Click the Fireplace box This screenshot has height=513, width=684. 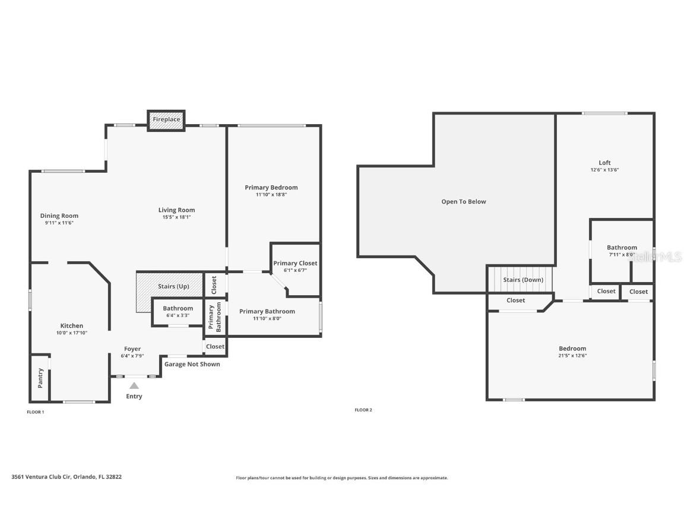pyautogui.click(x=166, y=120)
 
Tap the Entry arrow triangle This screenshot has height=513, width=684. pyautogui.click(x=134, y=385)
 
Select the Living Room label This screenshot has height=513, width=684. pyautogui.click(x=177, y=210)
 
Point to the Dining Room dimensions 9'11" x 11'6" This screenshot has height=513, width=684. pyautogui.click(x=59, y=223)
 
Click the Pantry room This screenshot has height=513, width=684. pyautogui.click(x=40, y=378)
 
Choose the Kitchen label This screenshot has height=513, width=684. pyautogui.click(x=71, y=325)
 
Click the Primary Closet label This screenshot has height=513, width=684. pyautogui.click(x=295, y=263)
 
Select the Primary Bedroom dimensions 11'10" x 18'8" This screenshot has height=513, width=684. pyautogui.click(x=271, y=195)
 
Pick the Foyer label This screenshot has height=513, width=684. pyautogui.click(x=132, y=349)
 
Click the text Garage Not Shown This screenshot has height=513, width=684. pyautogui.click(x=192, y=364)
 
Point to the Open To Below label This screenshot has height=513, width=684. pyautogui.click(x=464, y=201)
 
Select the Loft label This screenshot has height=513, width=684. pyautogui.click(x=604, y=163)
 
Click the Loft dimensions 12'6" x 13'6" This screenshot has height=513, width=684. pyautogui.click(x=604, y=170)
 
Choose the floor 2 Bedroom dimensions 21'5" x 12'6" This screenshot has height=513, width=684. pyautogui.click(x=572, y=356)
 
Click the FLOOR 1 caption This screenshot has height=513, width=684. pyautogui.click(x=36, y=412)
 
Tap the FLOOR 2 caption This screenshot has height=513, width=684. pyautogui.click(x=363, y=410)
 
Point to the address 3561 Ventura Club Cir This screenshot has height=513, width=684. pyautogui.click(x=41, y=477)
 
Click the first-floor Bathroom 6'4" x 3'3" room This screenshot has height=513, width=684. pyautogui.click(x=178, y=312)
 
